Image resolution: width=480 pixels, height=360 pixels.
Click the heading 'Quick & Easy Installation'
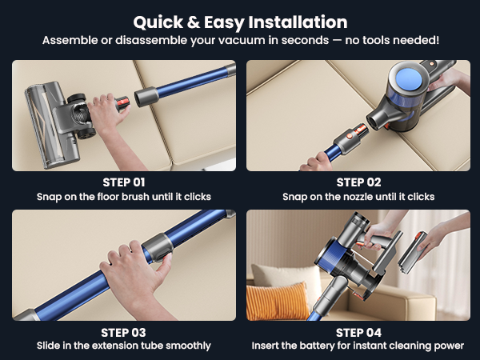tap(240, 22)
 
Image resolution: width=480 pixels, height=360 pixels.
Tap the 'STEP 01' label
tap(124, 182)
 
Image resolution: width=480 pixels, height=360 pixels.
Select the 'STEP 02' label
tap(356, 182)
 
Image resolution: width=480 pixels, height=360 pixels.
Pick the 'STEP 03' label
tap(124, 332)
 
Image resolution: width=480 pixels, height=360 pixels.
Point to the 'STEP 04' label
tap(356, 332)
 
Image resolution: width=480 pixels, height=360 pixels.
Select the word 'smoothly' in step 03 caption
tap(189, 346)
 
